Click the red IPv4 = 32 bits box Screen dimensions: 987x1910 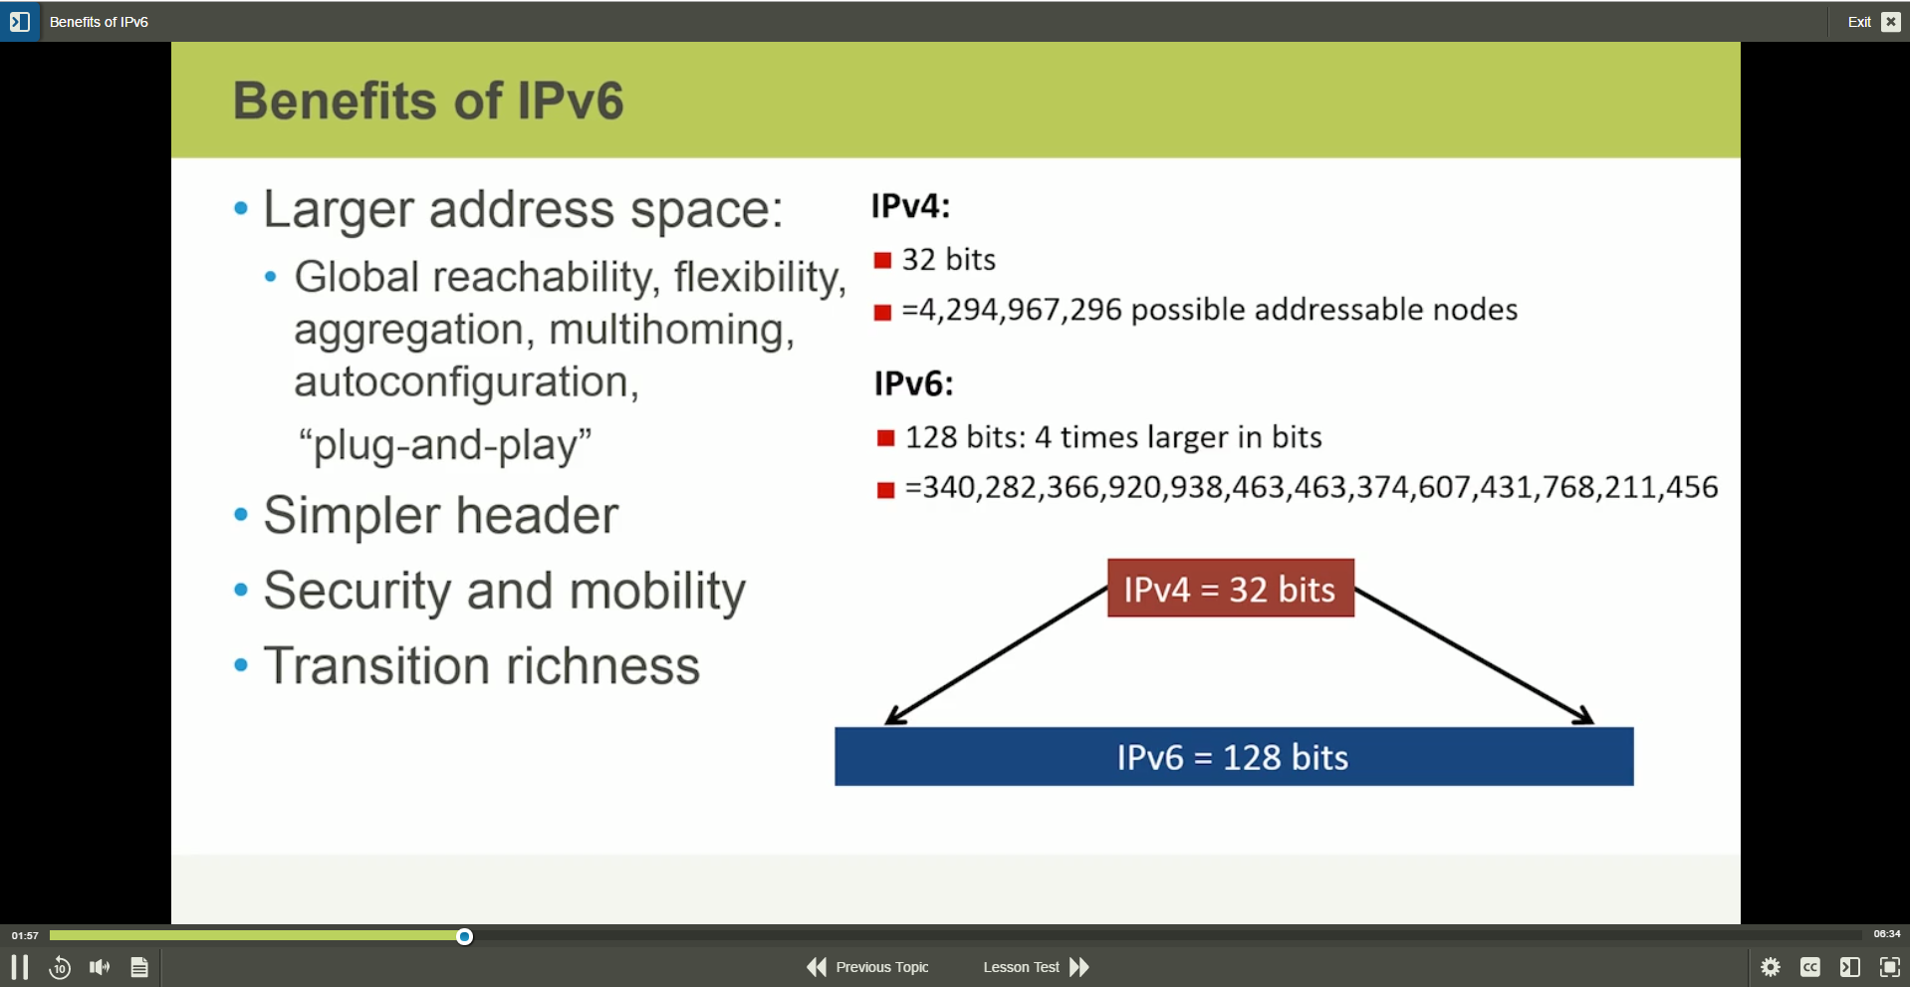tap(1230, 589)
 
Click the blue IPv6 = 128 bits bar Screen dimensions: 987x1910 tap(1233, 757)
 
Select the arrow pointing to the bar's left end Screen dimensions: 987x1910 tap(996, 656)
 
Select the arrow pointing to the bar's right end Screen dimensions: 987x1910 tap(1475, 656)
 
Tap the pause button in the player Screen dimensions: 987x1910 tap(20, 967)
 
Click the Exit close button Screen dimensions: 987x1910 tap(1890, 22)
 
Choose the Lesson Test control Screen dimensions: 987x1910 tap(1036, 967)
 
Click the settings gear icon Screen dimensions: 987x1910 tap(1770, 967)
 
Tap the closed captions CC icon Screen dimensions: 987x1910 tap(1809, 967)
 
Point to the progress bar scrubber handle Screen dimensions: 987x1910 tap(464, 936)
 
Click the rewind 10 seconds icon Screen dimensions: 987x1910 tap(60, 967)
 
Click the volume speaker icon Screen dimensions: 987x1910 tap(100, 967)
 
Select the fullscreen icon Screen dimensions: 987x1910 tap(1889, 967)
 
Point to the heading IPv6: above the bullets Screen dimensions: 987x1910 tap(913, 383)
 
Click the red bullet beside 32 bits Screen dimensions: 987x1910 tap(882, 261)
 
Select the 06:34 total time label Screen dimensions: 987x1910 tap(1886, 934)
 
